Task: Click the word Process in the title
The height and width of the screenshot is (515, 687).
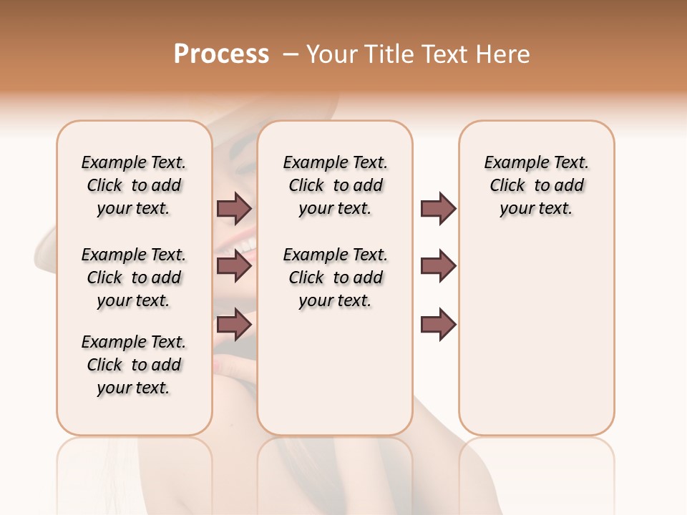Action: click(221, 54)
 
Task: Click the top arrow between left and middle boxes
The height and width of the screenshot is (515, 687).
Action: click(234, 208)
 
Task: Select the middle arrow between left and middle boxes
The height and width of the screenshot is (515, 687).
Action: click(234, 266)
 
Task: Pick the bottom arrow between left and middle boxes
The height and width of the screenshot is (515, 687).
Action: click(234, 325)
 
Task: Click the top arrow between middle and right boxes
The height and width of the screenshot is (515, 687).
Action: click(438, 208)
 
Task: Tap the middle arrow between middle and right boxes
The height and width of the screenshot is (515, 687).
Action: click(438, 266)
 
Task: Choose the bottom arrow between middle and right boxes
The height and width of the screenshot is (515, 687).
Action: click(438, 325)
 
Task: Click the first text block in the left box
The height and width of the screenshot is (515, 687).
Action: click(134, 185)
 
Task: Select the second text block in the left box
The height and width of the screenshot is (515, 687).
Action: click(134, 278)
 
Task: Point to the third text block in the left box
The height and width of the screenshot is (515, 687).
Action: click(134, 365)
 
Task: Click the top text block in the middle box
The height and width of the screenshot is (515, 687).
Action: click(335, 185)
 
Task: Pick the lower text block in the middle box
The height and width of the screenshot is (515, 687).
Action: click(335, 278)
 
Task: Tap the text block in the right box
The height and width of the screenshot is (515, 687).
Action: click(536, 185)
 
